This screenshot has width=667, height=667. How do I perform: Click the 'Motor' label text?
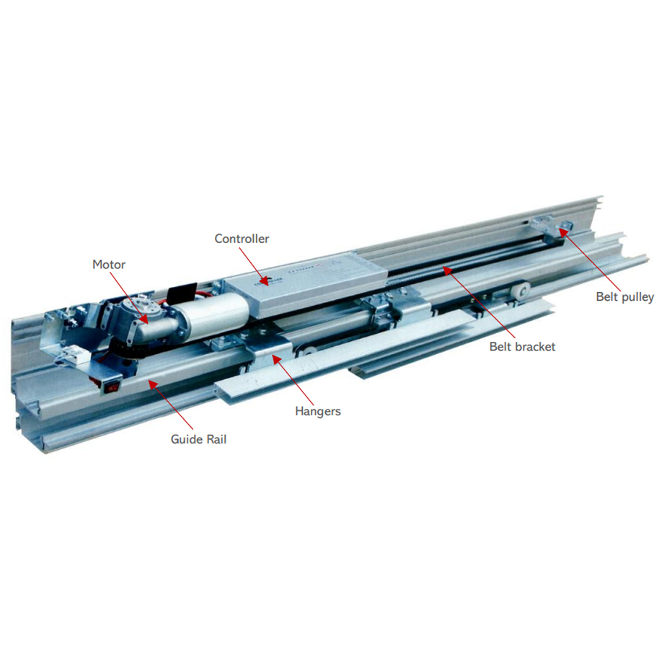(109, 265)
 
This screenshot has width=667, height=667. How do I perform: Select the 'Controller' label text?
(242, 239)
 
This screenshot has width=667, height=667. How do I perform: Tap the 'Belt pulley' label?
(625, 297)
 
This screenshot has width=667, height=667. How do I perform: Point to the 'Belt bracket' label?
(522, 347)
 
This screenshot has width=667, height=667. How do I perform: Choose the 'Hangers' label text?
(318, 411)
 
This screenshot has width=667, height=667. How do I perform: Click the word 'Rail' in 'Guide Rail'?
(216, 439)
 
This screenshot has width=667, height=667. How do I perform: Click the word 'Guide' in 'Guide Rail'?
(185, 439)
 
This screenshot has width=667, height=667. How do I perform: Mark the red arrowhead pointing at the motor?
(143, 319)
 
